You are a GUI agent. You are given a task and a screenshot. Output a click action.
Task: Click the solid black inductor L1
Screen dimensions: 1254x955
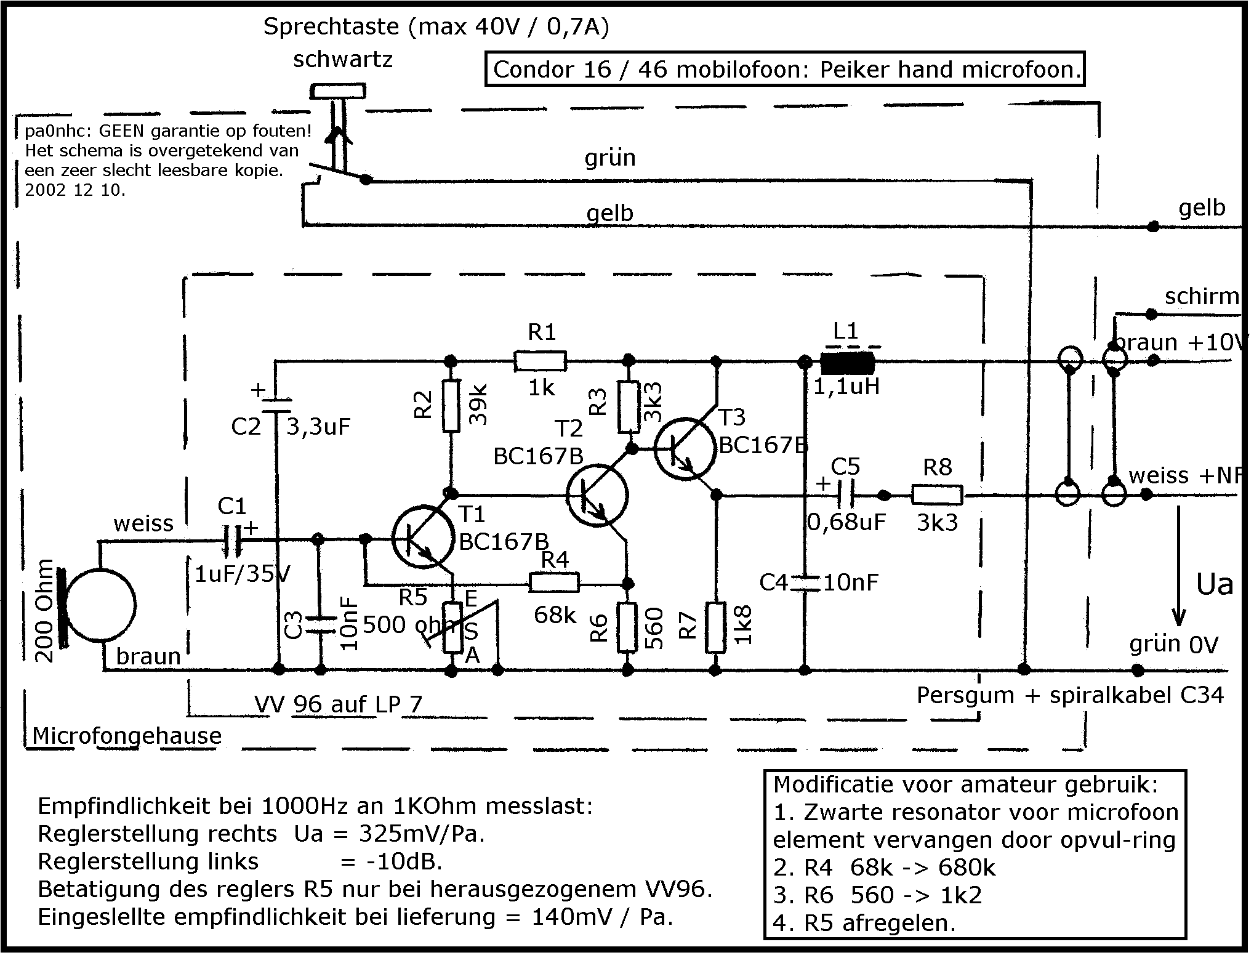click(x=848, y=364)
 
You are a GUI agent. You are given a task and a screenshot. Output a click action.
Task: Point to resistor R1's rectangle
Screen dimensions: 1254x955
click(x=540, y=361)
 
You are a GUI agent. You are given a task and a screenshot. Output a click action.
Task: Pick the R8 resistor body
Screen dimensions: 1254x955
click(x=937, y=495)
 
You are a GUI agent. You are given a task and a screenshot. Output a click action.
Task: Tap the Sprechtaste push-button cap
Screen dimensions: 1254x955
click(x=337, y=92)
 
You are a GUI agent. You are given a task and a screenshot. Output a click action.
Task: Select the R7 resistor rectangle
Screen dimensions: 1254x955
click(x=715, y=627)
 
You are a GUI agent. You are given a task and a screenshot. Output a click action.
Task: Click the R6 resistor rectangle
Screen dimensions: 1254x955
click(x=627, y=627)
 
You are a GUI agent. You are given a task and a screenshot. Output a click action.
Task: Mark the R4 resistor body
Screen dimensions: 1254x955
click(x=554, y=582)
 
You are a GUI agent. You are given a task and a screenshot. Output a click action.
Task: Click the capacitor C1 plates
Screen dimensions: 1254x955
click(x=233, y=541)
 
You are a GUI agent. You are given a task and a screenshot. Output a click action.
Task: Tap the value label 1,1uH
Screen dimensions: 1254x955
click(x=847, y=387)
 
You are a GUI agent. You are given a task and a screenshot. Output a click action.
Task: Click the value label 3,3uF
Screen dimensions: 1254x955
click(x=319, y=427)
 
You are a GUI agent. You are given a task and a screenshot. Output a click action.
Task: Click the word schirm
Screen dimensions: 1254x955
click(x=1201, y=297)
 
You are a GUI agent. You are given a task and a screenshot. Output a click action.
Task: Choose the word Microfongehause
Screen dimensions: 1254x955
click(x=127, y=736)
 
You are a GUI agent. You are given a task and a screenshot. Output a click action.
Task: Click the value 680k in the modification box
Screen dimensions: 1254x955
click(x=967, y=868)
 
